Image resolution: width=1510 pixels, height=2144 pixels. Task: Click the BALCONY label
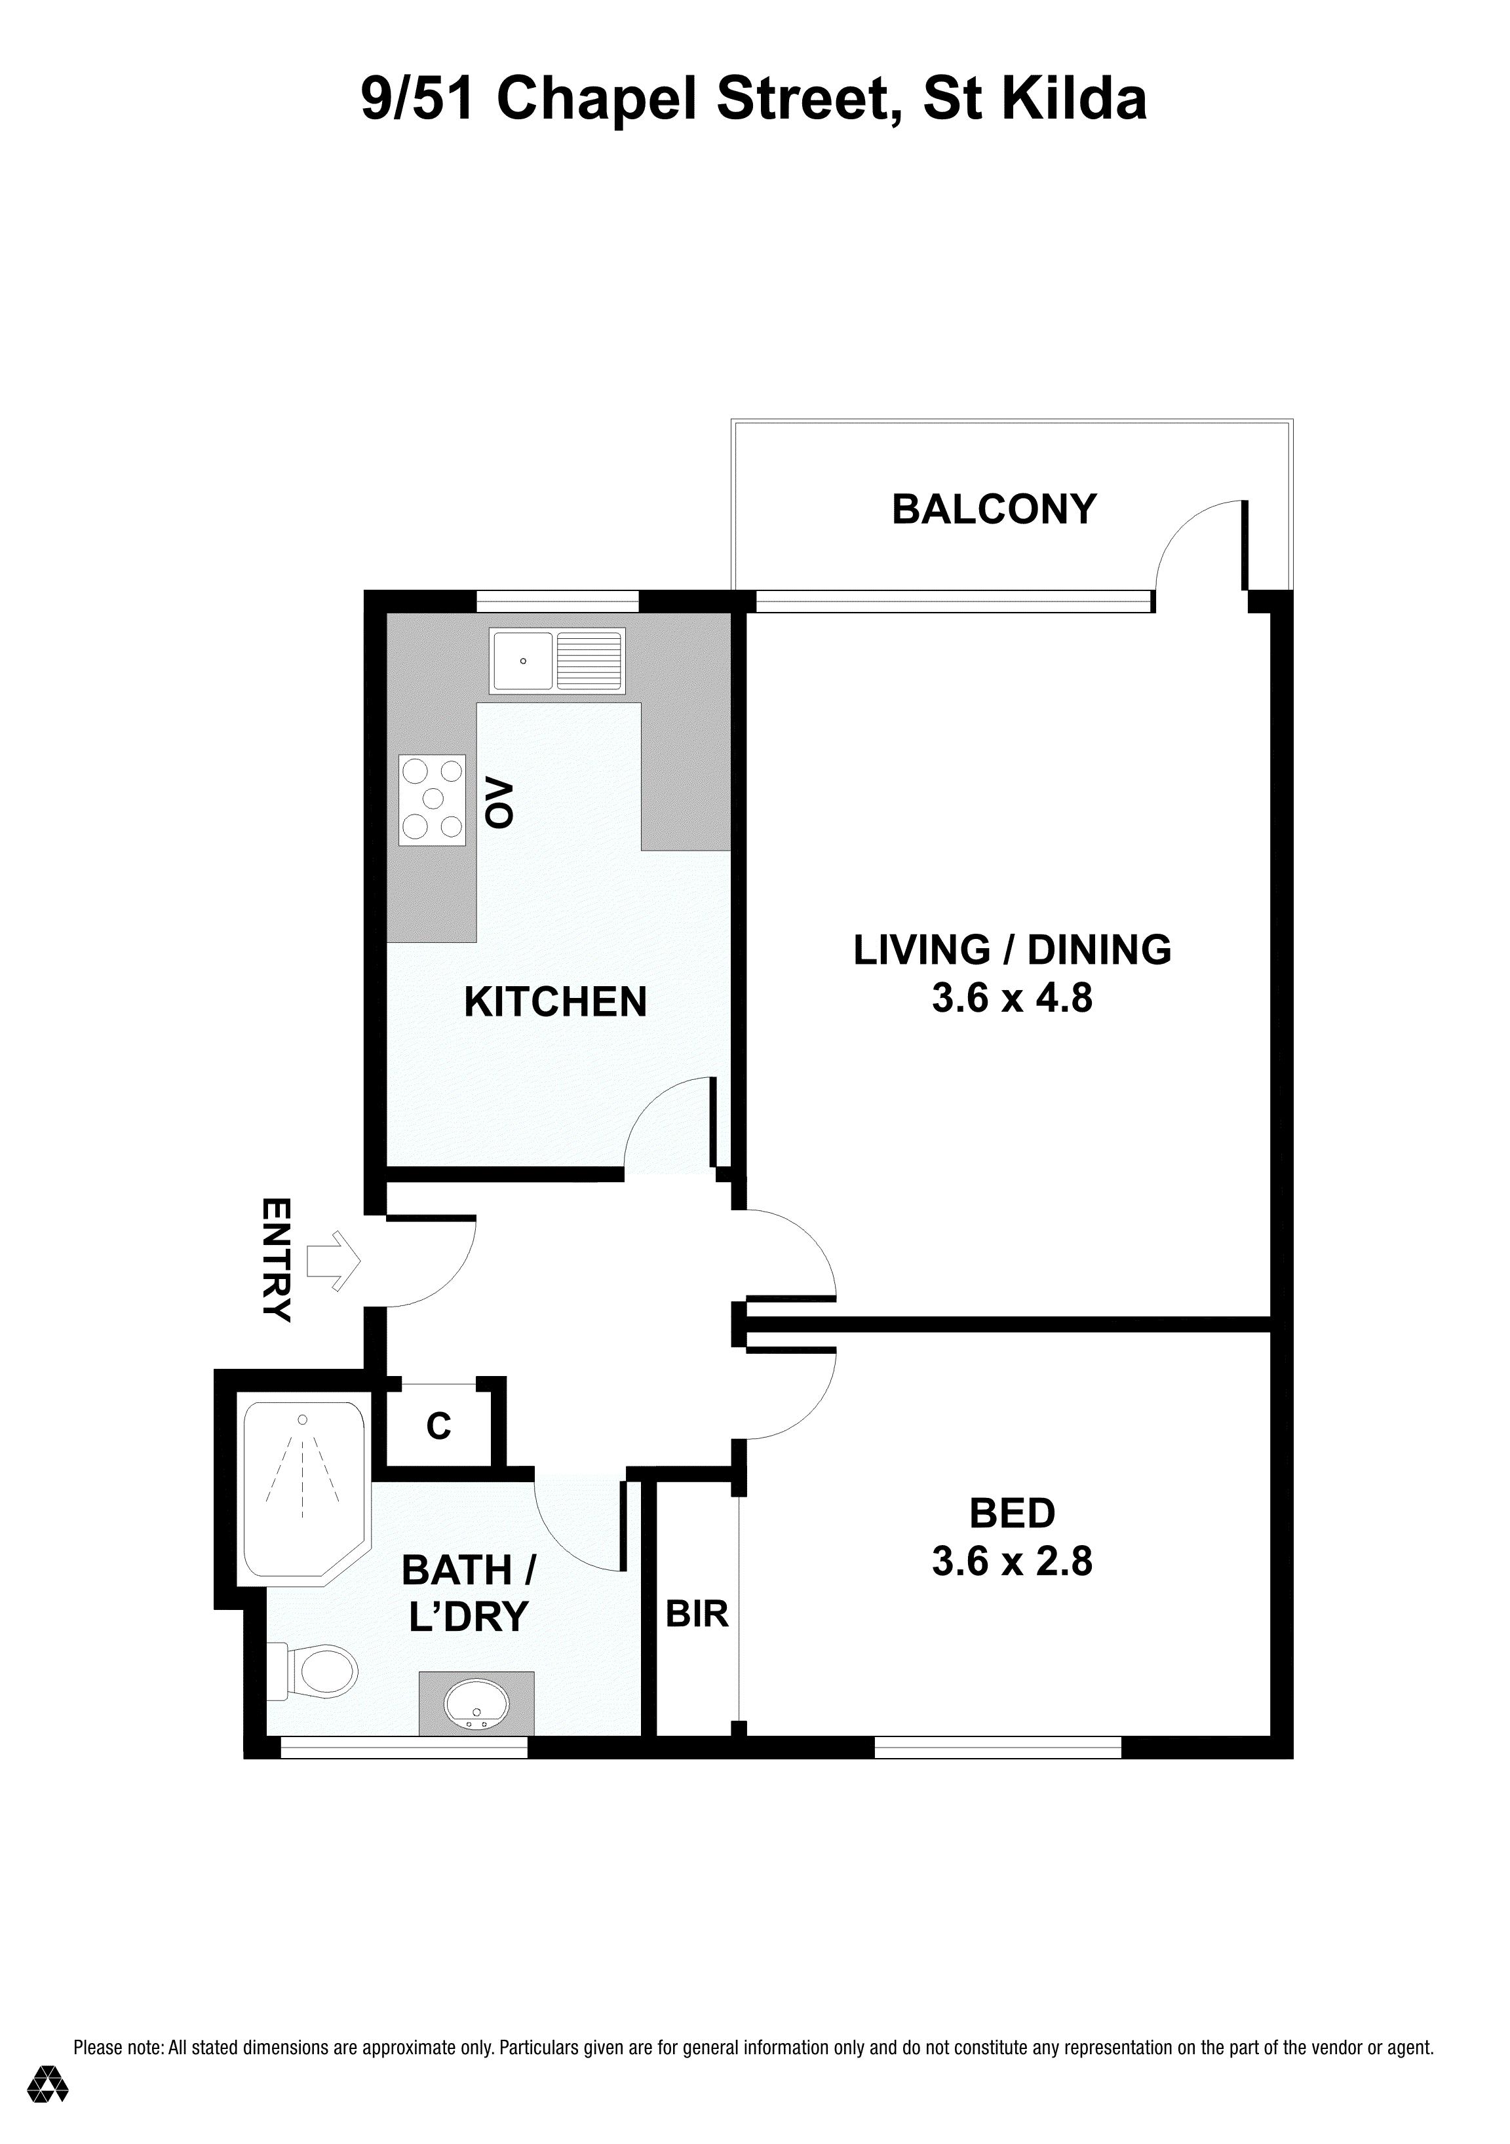pyautogui.click(x=994, y=510)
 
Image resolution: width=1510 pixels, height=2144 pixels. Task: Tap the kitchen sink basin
pyautogui.click(x=523, y=661)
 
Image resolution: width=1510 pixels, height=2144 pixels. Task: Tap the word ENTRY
pyautogui.click(x=277, y=1259)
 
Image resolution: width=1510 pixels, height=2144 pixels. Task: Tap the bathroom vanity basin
pyautogui.click(x=476, y=1705)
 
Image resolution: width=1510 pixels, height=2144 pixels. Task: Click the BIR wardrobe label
pyautogui.click(x=697, y=1614)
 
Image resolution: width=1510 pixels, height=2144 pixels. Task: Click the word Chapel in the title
pyautogui.click(x=598, y=100)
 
